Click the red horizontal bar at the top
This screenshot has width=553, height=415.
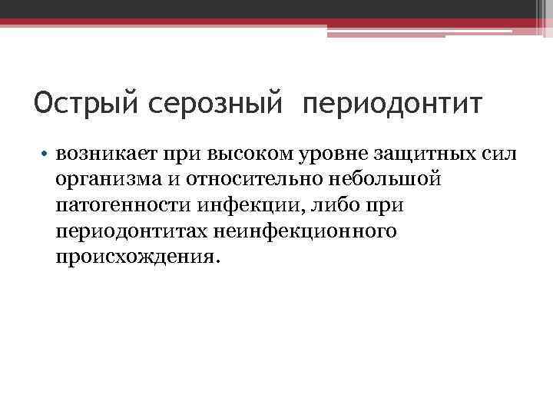pos(276,23)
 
